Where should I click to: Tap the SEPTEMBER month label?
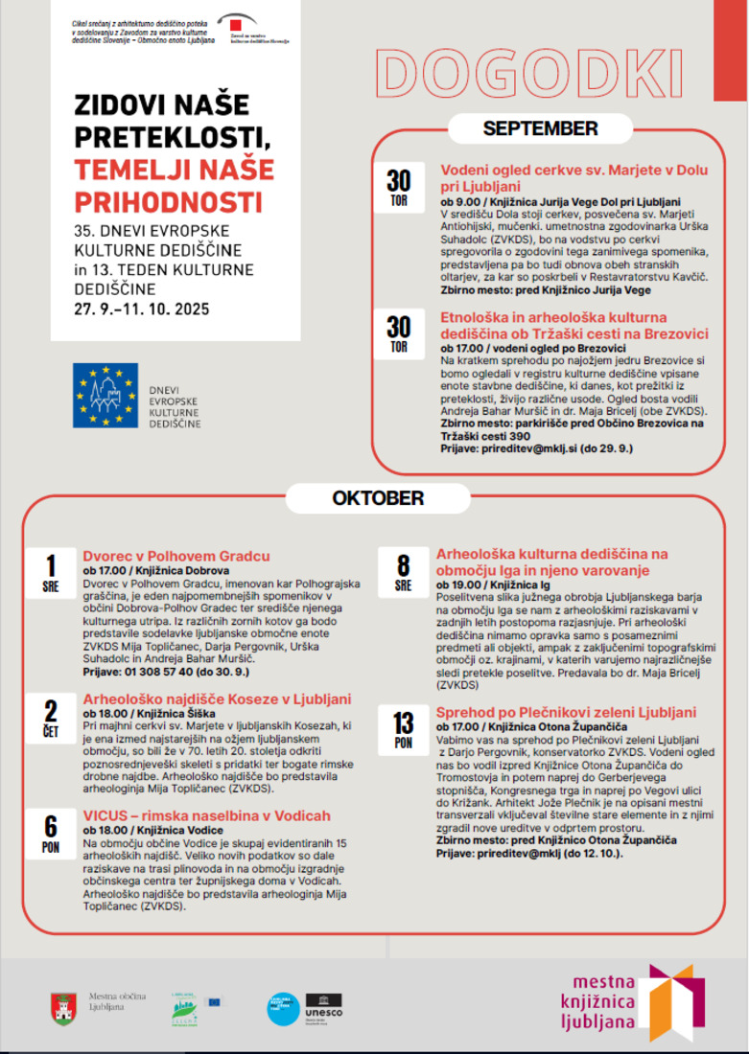(540, 129)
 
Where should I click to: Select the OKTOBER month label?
(377, 498)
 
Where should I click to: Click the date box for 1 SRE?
(51, 573)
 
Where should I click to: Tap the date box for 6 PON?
(51, 833)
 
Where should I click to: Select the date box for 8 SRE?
(403, 573)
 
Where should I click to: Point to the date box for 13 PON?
(403, 730)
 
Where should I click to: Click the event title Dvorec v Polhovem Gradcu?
(176, 556)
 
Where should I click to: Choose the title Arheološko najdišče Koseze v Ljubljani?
(217, 699)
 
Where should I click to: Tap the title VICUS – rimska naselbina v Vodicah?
(206, 815)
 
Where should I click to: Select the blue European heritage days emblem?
(105, 396)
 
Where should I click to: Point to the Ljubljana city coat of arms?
(64, 1008)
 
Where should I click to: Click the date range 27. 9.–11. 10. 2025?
(141, 309)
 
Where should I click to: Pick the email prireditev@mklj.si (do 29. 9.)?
(536, 448)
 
